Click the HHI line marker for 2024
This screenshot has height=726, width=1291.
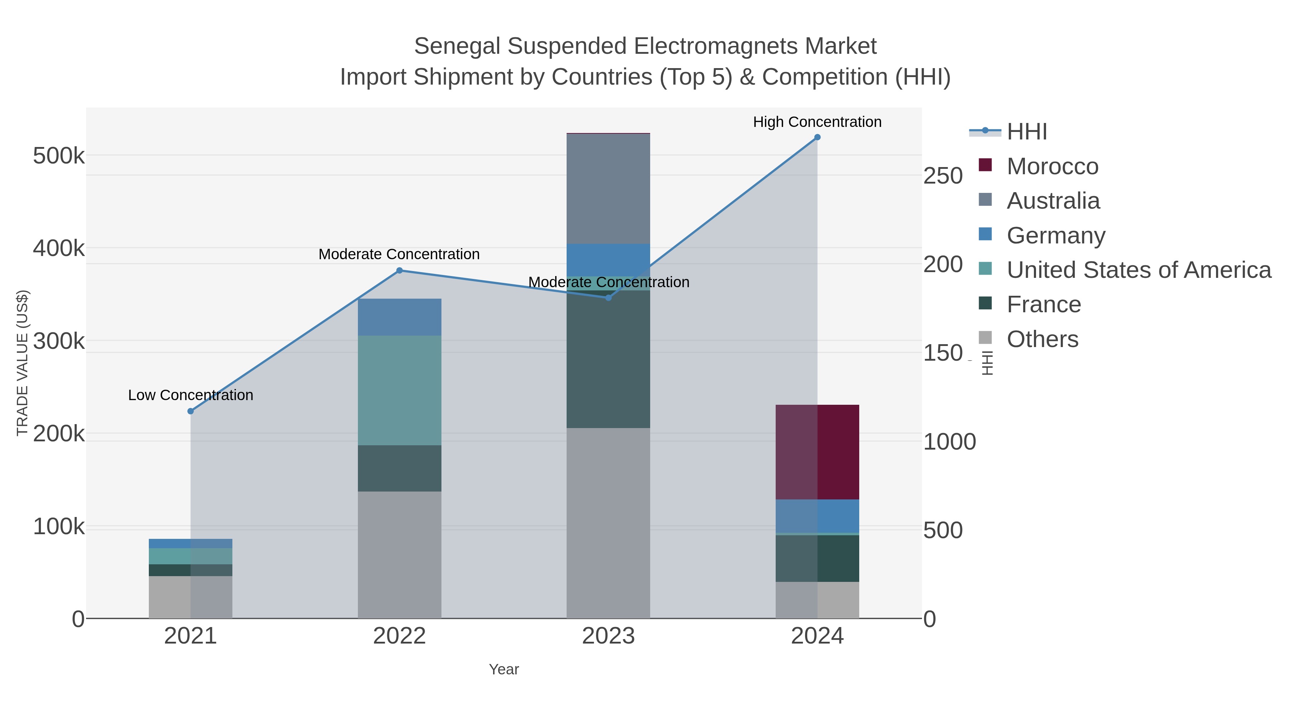tap(817, 137)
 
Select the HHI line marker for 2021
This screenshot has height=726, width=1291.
tap(190, 411)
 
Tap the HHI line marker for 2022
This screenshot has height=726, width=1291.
tap(399, 271)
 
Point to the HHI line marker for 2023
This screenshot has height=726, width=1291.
tap(609, 298)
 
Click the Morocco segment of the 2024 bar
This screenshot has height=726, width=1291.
tap(817, 452)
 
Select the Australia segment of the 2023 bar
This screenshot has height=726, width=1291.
tap(609, 189)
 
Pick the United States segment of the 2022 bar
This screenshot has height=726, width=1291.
tap(399, 390)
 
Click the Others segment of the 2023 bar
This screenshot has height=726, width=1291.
tap(609, 523)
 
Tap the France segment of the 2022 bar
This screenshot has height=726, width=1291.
tap(399, 469)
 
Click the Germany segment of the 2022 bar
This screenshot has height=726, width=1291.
tap(399, 317)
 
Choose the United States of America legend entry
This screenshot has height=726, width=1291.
tap(1138, 270)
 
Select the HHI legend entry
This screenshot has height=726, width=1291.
tap(1026, 132)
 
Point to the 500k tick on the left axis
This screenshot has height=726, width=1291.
tap(59, 156)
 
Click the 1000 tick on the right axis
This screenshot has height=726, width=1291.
tap(950, 442)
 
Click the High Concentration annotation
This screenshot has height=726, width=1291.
tap(817, 122)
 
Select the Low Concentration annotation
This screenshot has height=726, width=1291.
tap(190, 395)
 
